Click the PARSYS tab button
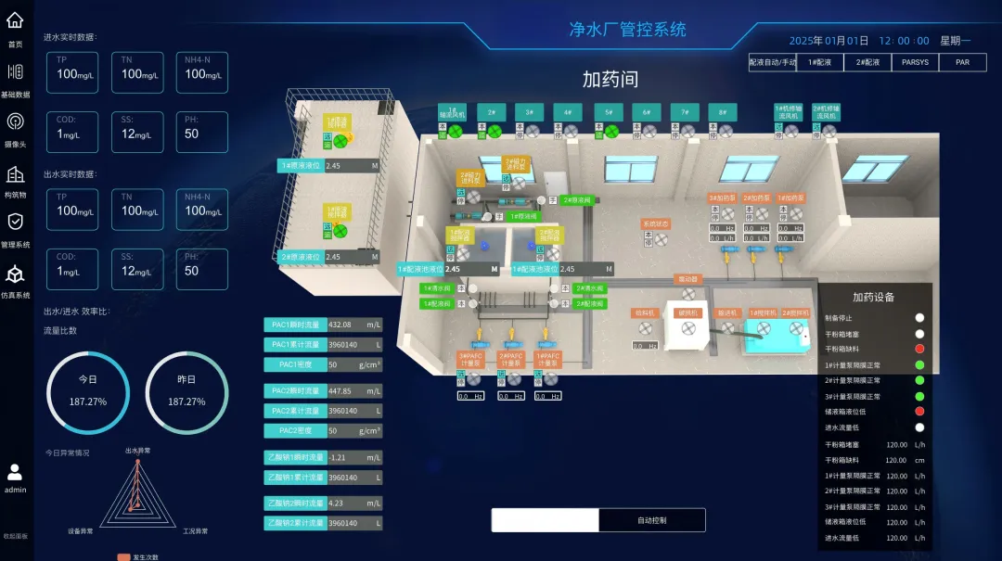tap(915, 62)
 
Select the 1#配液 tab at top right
tap(819, 62)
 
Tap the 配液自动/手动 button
tap(772, 62)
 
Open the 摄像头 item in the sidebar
tap(15, 128)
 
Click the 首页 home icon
tap(15, 26)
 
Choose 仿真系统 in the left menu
tap(15, 280)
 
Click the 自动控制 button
tap(651, 520)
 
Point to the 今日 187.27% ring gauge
tap(87, 392)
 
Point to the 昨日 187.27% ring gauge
tap(186, 392)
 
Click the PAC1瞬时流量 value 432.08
tap(353, 325)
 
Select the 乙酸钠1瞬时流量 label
tap(295, 457)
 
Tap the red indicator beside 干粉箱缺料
tap(919, 350)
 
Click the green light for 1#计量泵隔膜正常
tap(919, 365)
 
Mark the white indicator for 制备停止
tap(919, 318)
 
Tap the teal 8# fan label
tap(723, 112)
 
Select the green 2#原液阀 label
tap(578, 199)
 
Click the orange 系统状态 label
tap(656, 223)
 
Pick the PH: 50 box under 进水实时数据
tap(202, 132)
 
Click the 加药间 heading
tap(610, 80)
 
